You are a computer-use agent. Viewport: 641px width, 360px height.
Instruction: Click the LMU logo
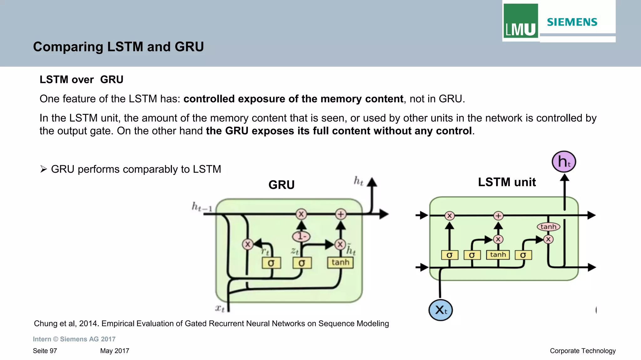(520, 21)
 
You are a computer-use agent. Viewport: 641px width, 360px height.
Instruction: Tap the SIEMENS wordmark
(572, 22)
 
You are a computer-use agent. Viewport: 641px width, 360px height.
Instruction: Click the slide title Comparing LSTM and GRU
(118, 47)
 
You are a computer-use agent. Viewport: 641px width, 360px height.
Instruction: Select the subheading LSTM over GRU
(81, 79)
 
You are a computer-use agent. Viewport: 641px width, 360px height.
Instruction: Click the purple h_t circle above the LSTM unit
(564, 162)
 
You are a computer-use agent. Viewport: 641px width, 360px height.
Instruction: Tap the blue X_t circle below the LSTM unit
(440, 310)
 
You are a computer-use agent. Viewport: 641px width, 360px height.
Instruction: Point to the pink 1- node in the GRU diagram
(301, 236)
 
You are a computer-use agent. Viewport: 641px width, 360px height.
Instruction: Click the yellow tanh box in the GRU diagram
(340, 262)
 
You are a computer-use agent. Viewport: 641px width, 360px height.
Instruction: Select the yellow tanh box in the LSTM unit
(498, 255)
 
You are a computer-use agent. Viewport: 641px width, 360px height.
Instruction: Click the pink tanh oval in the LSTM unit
(548, 227)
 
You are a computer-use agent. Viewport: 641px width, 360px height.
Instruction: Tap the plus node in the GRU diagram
(341, 214)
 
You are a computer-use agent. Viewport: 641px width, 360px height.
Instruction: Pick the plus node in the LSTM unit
(498, 216)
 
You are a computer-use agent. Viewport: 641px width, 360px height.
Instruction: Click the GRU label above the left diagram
(281, 185)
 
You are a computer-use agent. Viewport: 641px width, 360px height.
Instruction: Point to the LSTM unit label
(507, 182)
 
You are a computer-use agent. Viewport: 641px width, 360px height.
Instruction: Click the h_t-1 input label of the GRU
(202, 207)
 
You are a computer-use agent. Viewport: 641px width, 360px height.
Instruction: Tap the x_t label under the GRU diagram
(220, 308)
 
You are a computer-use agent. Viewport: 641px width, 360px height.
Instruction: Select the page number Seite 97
(45, 351)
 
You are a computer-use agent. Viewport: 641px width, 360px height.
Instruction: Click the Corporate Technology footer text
(582, 351)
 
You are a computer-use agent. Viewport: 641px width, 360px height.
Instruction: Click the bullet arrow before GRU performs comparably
(44, 169)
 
